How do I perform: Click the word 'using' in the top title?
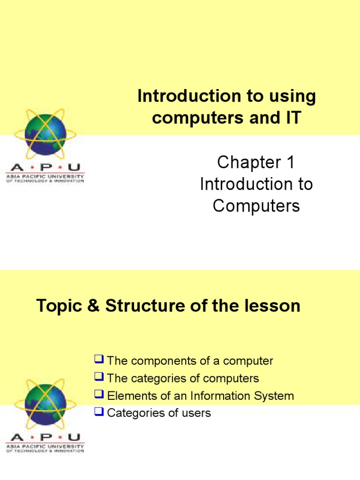tap(292, 97)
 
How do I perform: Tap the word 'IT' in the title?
tap(291, 118)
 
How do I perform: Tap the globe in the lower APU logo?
tap(45, 403)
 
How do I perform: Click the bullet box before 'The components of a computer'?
tap(98, 360)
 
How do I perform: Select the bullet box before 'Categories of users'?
tap(98, 412)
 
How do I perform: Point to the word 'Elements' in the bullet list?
tap(127, 396)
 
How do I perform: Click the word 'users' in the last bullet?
tap(197, 413)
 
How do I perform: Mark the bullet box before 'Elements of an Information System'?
tap(98, 395)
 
